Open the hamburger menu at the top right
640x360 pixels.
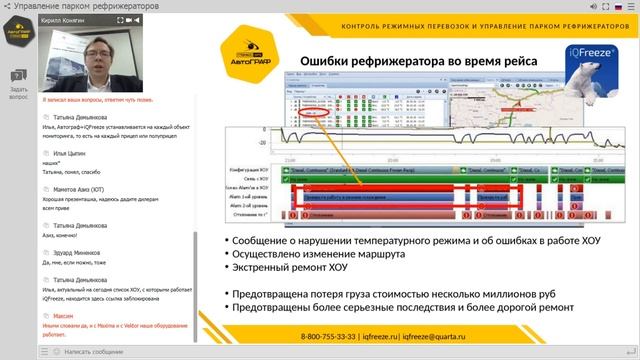coord(631,7)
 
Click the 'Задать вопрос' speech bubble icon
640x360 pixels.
coord(17,76)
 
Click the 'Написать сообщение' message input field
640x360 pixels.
coord(120,351)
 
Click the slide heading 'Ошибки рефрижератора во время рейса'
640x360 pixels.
coord(419,62)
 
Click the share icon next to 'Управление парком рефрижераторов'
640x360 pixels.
coord(9,7)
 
